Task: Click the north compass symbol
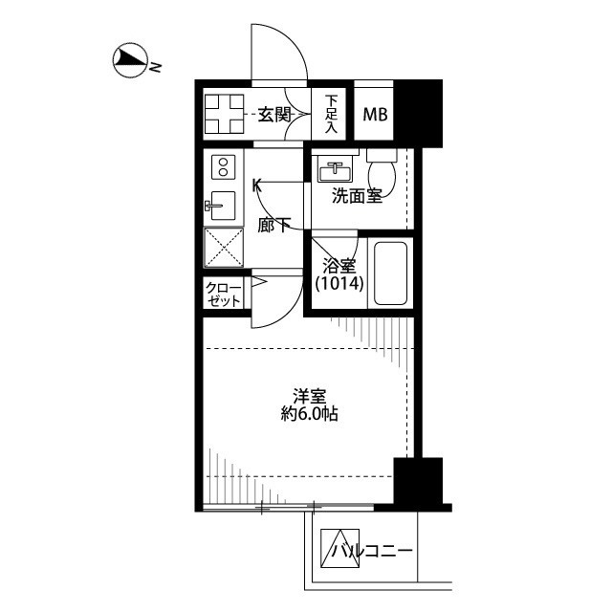(130, 60)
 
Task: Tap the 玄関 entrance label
(275, 115)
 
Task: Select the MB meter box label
(375, 115)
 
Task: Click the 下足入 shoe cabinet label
(331, 115)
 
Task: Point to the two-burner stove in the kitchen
(223, 167)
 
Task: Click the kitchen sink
(221, 206)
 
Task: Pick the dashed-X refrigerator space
(224, 248)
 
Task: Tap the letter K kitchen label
(257, 186)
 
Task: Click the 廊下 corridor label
(274, 226)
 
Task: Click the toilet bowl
(382, 173)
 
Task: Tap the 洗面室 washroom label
(357, 195)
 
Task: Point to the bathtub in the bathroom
(390, 273)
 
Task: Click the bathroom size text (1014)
(339, 283)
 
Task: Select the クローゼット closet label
(224, 295)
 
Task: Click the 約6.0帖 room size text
(309, 414)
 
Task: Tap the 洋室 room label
(310, 397)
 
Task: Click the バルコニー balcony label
(372, 551)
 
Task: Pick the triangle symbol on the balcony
(339, 548)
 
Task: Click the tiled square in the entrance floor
(224, 114)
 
